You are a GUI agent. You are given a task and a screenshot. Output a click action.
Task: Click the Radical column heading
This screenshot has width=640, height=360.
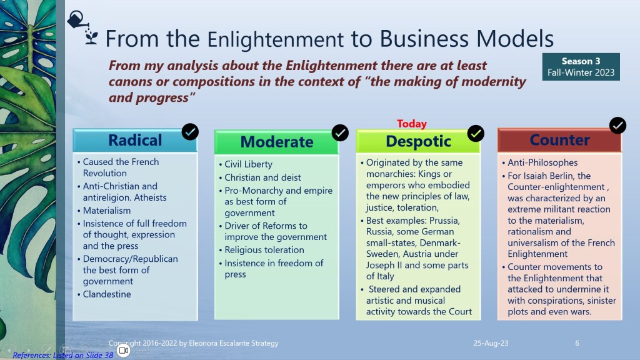135,140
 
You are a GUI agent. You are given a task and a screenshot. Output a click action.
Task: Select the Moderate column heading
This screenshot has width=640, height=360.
277,142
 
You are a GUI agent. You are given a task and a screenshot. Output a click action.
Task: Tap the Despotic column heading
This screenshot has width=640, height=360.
418,141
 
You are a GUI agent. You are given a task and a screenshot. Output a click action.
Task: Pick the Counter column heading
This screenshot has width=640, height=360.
559,140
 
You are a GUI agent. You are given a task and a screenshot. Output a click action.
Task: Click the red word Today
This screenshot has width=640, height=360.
412,124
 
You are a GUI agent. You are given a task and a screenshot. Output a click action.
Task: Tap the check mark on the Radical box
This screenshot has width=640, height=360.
190,132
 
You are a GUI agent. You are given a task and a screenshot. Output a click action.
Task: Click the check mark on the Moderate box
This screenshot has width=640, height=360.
340,132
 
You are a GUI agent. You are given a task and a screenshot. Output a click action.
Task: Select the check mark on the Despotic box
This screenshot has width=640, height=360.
476,134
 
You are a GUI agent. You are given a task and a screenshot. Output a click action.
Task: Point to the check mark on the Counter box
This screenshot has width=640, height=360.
617,125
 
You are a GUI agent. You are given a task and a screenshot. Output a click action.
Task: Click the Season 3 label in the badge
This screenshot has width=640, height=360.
581,61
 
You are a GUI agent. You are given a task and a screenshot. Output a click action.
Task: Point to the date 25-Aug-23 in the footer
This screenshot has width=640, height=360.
491,343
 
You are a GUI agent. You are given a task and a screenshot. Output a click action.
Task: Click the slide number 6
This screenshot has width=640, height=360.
577,343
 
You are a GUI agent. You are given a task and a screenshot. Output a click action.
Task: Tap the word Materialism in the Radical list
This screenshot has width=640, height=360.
107,211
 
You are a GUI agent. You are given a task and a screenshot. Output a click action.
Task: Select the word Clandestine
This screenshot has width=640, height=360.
107,294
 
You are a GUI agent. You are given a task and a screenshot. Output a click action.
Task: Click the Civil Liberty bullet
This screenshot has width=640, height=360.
248,164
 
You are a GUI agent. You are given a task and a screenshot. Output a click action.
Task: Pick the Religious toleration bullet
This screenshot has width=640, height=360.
264,250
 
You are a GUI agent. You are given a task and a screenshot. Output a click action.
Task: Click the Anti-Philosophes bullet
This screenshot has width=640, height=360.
542,162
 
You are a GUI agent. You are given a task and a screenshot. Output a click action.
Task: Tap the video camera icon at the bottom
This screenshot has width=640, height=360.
124,350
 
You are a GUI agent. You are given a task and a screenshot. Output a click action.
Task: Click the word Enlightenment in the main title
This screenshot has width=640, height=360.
276,39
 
